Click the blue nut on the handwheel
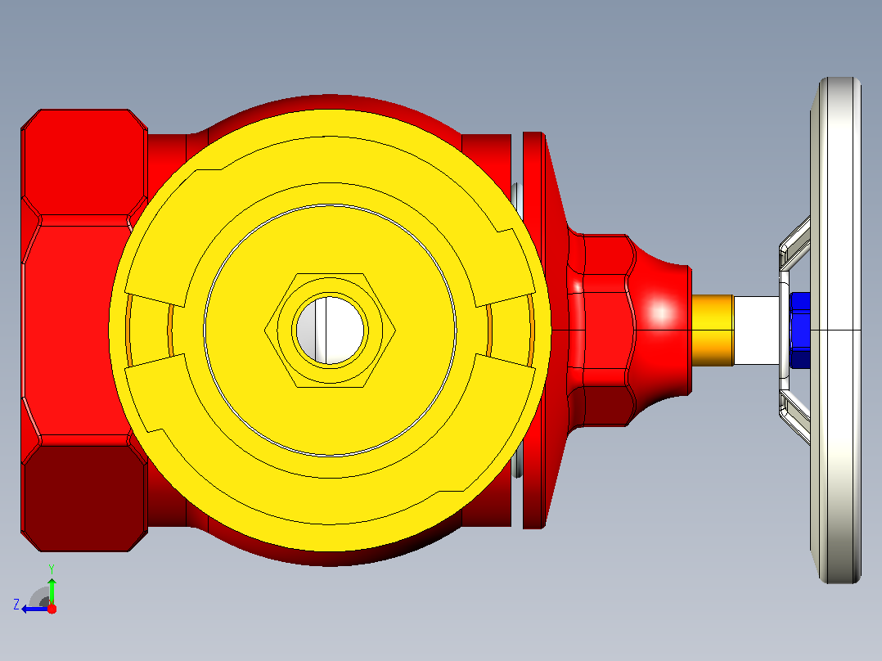[x=800, y=330]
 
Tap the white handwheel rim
[x=839, y=330]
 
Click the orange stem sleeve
[x=713, y=330]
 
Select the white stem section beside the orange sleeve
[x=757, y=330]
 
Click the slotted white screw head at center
[x=330, y=330]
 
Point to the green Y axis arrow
[x=52, y=591]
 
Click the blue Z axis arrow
[x=35, y=609]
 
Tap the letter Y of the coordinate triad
[x=52, y=569]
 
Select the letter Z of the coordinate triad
[x=16, y=605]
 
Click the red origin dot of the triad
[x=52, y=609]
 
